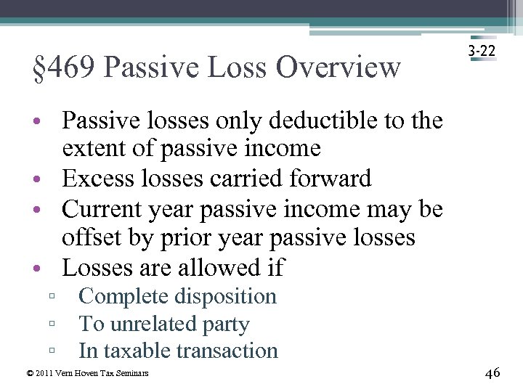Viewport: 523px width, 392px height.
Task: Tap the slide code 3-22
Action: pos(482,52)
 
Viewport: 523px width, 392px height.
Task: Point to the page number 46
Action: pos(492,372)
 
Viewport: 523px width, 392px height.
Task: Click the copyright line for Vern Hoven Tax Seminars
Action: pos(87,373)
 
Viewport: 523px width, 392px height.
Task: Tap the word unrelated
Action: pos(154,324)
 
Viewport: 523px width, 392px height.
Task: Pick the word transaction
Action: pos(227,351)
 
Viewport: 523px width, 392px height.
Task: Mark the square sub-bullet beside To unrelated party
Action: pos(53,324)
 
